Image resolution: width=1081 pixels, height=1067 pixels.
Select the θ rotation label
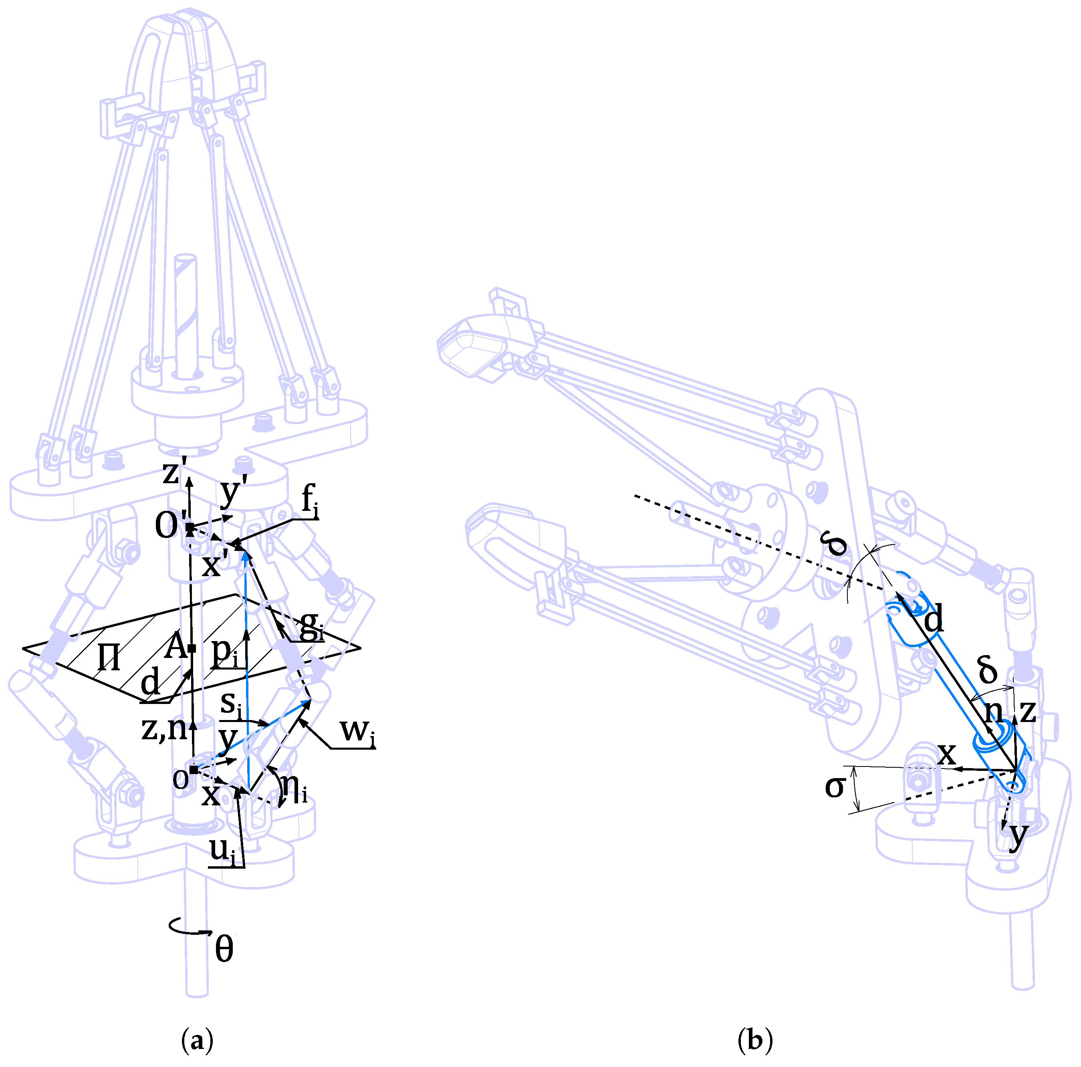(224, 950)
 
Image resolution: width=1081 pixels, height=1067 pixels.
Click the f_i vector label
(309, 500)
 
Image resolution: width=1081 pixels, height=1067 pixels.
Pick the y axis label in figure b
(1018, 834)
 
